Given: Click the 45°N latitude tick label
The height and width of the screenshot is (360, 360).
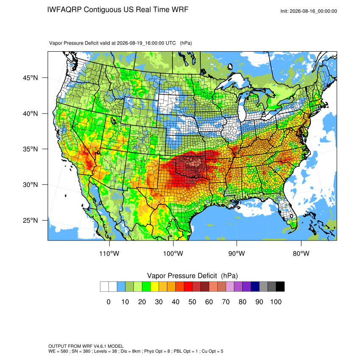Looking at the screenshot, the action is (x=30, y=78).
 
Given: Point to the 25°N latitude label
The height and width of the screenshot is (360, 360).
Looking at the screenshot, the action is (x=30, y=220).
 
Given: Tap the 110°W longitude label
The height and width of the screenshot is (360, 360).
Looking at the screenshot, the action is (x=109, y=253).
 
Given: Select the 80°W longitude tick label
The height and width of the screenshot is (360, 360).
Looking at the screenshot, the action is (x=301, y=253).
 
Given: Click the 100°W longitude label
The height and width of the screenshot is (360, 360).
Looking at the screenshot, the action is (x=173, y=253).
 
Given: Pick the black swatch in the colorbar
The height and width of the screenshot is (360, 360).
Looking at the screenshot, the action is (x=280, y=287).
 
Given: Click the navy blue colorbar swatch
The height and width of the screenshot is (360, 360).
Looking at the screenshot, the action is (x=255, y=287).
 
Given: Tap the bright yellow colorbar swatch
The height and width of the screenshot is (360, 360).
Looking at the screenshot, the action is (x=155, y=287).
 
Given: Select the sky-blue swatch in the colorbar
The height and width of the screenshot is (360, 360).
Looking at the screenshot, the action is (x=121, y=287).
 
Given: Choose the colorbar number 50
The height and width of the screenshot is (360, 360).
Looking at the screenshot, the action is (x=192, y=302).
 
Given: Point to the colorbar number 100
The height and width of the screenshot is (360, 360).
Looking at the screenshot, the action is (x=276, y=302).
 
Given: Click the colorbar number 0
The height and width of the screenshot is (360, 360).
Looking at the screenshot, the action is (x=108, y=302).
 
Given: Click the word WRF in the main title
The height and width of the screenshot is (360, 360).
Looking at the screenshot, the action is (x=180, y=10).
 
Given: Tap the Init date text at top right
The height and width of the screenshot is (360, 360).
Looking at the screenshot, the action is (x=309, y=11).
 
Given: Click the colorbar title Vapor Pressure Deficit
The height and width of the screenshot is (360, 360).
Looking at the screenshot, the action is (x=182, y=276).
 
